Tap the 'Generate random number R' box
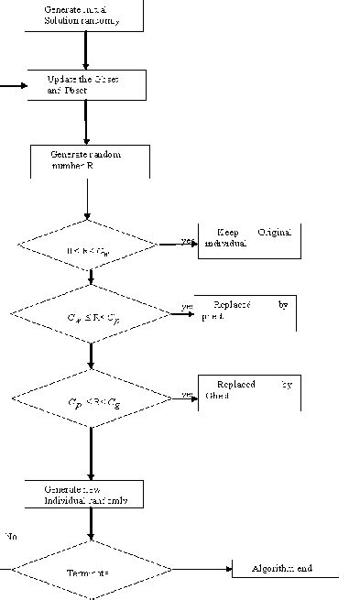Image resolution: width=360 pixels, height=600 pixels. (x=88, y=160)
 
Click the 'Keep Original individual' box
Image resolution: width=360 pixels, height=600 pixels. (x=249, y=240)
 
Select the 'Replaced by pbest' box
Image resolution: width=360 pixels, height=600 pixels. (x=247, y=311)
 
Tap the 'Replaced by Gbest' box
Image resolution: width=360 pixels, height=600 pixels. (x=249, y=391)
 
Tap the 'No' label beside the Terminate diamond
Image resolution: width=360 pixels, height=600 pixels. (x=10, y=535)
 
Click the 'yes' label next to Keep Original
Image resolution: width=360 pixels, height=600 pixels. (x=189, y=241)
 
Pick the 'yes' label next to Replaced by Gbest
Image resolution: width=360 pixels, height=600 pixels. (x=187, y=395)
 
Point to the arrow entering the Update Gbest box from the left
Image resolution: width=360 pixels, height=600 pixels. (x=14, y=87)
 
